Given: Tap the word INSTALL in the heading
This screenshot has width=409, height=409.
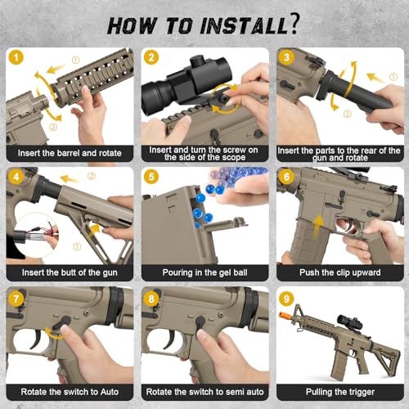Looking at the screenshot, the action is (x=244, y=26).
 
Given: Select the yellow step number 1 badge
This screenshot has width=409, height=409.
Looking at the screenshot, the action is (x=16, y=57).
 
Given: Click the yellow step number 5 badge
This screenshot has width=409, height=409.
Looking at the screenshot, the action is (x=151, y=177).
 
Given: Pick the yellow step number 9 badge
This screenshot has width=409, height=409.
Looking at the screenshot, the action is (x=286, y=299).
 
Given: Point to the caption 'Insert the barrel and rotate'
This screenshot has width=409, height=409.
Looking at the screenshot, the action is (x=70, y=153).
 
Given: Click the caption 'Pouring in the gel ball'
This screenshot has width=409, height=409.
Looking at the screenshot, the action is (x=204, y=272).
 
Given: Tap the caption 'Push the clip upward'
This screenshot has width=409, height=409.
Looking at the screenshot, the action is (x=340, y=272).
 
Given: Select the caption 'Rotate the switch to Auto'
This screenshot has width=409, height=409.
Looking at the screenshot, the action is (x=70, y=392).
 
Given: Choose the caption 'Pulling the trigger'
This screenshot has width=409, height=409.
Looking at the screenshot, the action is (x=340, y=392).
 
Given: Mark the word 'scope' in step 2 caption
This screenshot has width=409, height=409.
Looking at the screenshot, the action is (x=232, y=158).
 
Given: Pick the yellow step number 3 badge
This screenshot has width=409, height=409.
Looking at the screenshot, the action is (x=286, y=57).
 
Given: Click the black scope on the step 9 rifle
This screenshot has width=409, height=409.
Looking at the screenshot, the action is (x=350, y=321).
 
